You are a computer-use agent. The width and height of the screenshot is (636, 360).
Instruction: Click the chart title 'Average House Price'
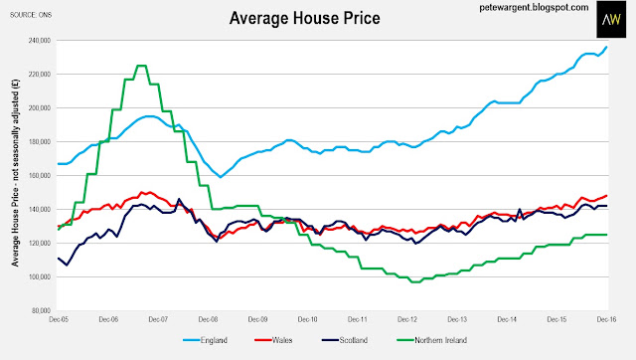click(305, 18)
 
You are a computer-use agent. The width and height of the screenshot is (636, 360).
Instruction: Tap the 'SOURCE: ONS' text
click(31, 15)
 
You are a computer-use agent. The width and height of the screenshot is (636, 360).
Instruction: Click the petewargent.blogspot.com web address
click(534, 8)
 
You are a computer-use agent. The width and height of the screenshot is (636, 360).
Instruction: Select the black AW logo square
click(611, 19)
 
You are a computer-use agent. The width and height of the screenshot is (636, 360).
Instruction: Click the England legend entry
click(205, 340)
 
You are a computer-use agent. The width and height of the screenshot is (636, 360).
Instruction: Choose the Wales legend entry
click(273, 340)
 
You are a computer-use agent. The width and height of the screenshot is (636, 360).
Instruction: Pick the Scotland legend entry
click(345, 340)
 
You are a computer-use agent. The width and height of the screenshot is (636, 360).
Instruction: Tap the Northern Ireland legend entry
click(432, 340)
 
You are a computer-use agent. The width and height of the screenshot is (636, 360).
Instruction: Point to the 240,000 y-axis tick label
click(40, 40)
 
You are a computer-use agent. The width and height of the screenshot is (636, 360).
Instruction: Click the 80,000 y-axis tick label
click(42, 310)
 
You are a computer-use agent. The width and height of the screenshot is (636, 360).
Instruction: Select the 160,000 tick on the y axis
click(40, 175)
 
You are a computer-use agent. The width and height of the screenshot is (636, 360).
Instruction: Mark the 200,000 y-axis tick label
click(40, 108)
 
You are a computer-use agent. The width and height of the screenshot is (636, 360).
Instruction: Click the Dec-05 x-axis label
click(59, 319)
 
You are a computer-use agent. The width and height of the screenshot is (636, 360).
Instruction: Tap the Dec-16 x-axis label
click(606, 319)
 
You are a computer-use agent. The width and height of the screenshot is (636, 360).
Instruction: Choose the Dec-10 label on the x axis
click(307, 319)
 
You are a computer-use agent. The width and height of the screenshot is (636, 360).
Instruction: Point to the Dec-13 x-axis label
click(457, 319)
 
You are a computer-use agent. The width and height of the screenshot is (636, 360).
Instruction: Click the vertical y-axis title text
click(16, 172)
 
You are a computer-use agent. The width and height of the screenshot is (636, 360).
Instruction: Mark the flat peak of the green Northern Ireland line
click(141, 66)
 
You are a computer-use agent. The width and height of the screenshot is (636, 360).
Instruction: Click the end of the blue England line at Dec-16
click(607, 47)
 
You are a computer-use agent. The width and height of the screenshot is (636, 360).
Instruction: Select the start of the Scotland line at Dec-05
click(59, 259)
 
